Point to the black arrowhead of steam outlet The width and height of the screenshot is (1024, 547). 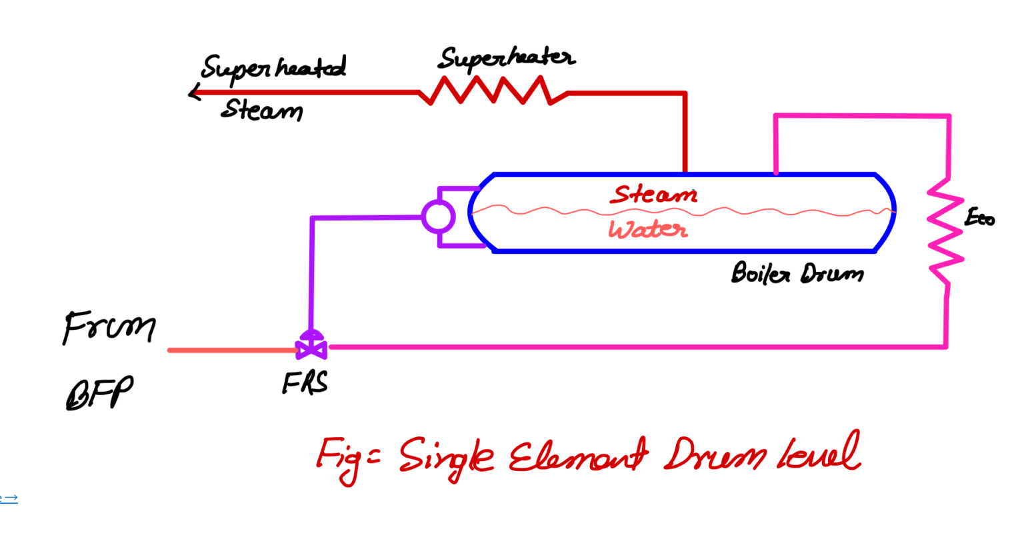point(194,93)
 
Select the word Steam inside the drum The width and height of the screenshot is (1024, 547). point(653,195)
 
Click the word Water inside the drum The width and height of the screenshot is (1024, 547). point(647,230)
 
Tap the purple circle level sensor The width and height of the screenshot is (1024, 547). point(438,217)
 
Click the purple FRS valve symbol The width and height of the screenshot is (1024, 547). point(311,346)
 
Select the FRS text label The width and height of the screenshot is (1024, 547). point(305,383)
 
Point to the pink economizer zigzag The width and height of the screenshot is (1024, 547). point(945,230)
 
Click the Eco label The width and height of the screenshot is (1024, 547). point(979,217)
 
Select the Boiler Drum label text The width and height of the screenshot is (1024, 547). point(797,274)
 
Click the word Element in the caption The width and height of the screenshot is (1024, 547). point(577,457)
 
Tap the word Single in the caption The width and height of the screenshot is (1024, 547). point(447,457)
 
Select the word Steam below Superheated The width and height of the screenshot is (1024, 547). point(261,110)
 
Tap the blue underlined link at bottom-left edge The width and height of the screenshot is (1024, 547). point(8,498)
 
